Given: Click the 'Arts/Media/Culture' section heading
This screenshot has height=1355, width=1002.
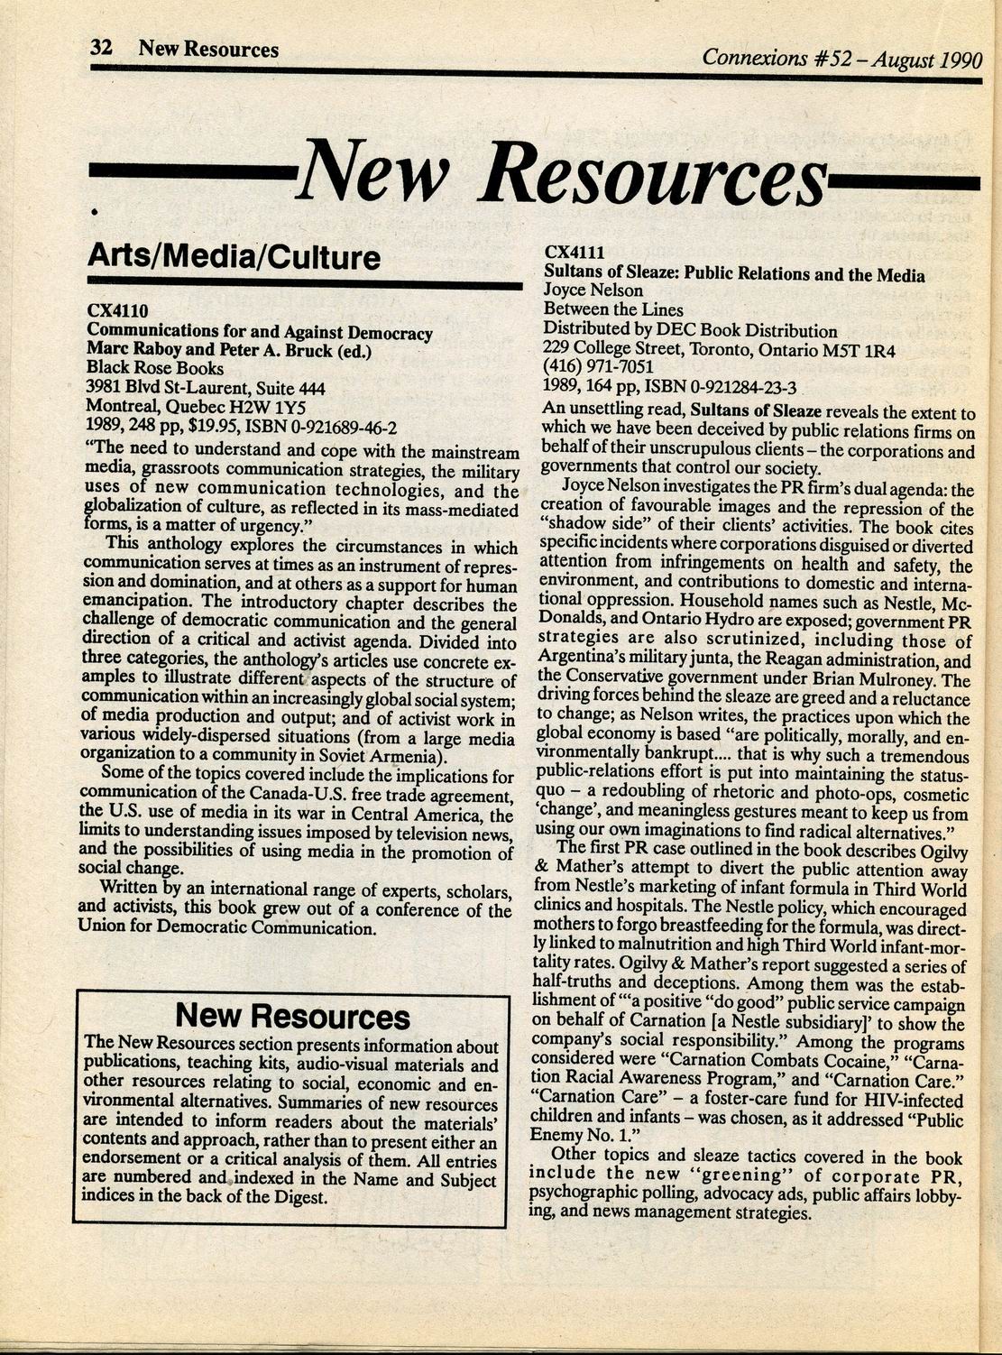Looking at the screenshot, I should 234,258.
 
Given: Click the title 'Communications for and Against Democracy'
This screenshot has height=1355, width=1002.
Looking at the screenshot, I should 259,332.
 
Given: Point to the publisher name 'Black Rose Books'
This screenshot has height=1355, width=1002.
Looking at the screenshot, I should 154,368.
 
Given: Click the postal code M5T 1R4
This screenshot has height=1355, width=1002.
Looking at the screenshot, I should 856,350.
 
